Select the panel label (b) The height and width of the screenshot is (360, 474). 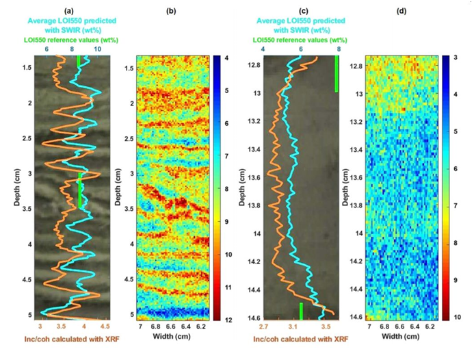(x=173, y=10)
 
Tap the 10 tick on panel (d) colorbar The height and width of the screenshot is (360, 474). (x=453, y=317)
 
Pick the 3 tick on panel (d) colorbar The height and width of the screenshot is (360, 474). (x=453, y=59)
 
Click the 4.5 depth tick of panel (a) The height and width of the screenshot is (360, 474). (x=28, y=280)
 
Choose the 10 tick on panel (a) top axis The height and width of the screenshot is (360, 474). (x=98, y=49)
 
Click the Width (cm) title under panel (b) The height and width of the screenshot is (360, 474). (x=173, y=337)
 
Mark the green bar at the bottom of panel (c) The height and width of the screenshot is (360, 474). (x=301, y=310)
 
